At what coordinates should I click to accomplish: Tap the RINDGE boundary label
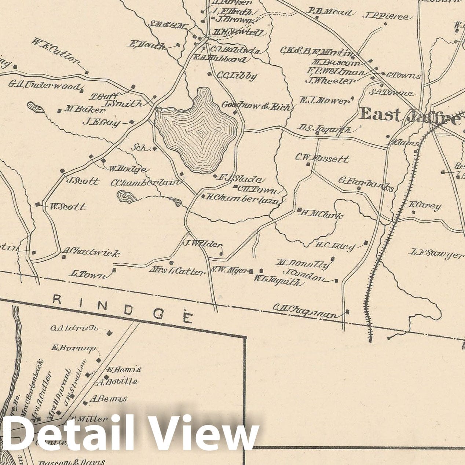pos(122,307)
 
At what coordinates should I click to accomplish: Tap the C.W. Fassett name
pos(322,158)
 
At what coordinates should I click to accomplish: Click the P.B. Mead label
pos(330,12)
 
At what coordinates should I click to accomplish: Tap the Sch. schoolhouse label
pos(141,148)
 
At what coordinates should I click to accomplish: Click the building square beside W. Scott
pos(37,204)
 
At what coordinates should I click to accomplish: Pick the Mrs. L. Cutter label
pos(177,271)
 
